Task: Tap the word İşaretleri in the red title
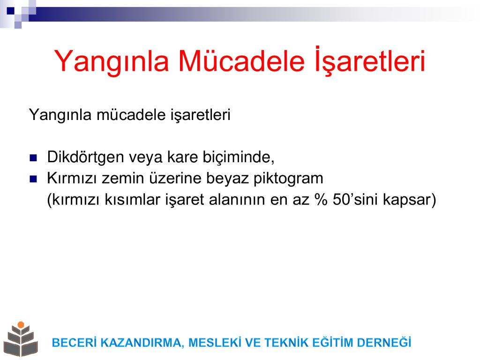point(370,60)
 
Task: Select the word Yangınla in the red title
point(112,62)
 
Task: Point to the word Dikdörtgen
point(85,157)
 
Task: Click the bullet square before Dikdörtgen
point(33,158)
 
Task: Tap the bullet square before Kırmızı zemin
point(33,179)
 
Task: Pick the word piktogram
point(288,179)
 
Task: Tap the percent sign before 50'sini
point(321,200)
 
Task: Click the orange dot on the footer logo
point(21,325)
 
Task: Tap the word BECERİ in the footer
point(75,343)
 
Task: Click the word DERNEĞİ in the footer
point(384,342)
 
